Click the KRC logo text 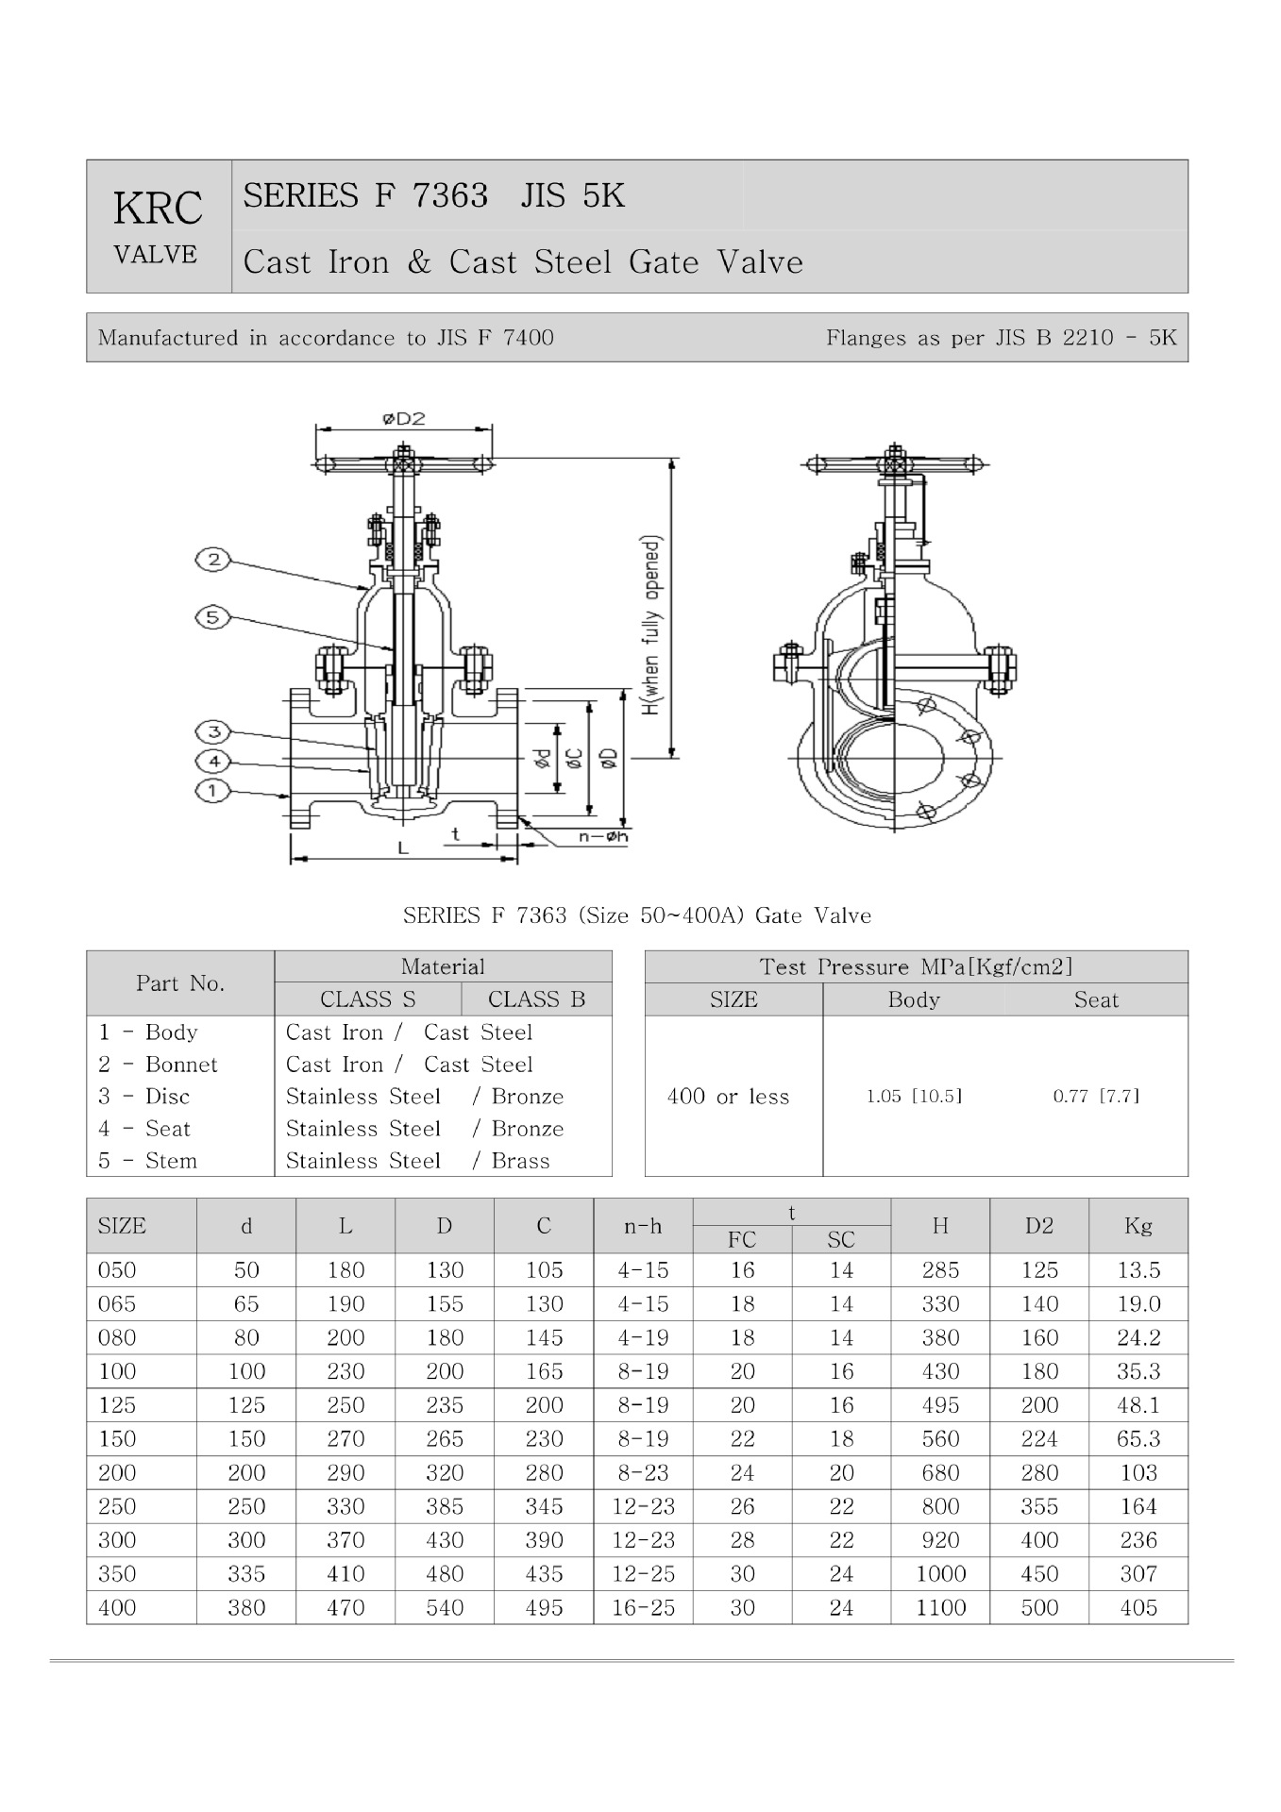[158, 209]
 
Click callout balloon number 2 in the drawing [213, 560]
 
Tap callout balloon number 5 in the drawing [213, 618]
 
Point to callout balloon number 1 [213, 790]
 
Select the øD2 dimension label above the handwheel [404, 418]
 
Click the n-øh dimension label [603, 835]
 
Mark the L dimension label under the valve [403, 847]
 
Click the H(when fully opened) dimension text [651, 626]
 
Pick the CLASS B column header [536, 999]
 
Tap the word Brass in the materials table [520, 1161]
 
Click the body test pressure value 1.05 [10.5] [914, 1096]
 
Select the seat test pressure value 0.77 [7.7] [1096, 1096]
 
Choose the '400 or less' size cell [728, 1097]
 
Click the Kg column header [1138, 1225]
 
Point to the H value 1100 [940, 1607]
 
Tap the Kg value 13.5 [1138, 1270]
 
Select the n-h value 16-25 [643, 1607]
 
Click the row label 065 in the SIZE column [117, 1304]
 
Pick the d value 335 [246, 1573]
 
